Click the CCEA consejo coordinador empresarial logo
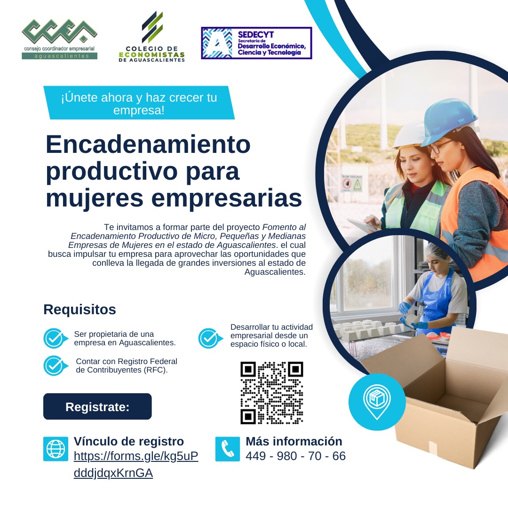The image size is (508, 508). pos(59,40)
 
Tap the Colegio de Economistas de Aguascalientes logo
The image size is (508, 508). pos(152,38)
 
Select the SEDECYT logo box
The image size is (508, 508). pos(256,43)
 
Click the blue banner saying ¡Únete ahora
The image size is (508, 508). pos(139,103)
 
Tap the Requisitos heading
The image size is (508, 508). pos(79,310)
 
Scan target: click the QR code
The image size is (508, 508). pos(271,393)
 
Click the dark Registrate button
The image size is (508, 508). pos(97,407)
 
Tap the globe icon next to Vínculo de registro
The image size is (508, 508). pos(56,449)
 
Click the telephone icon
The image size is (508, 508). pos(228,449)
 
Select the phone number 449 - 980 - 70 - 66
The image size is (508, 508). pos(295,456)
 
